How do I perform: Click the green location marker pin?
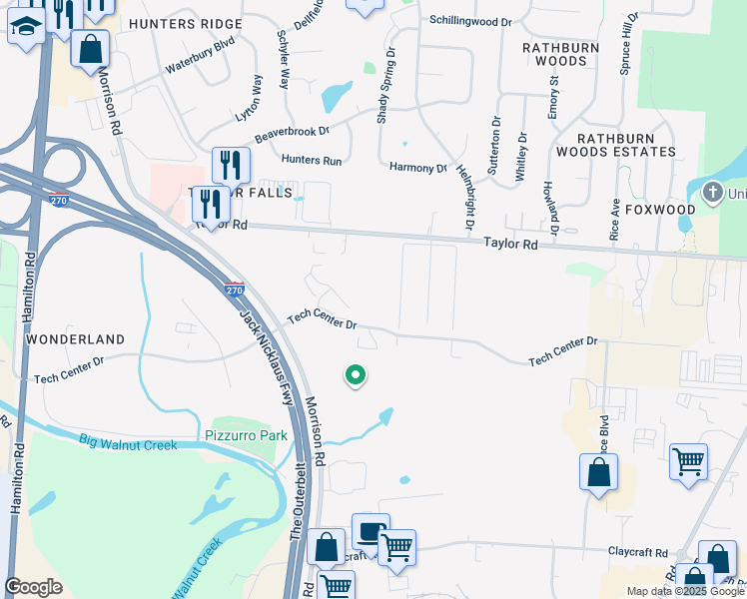click(355, 375)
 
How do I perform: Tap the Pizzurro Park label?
click(246, 435)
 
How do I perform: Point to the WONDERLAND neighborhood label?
click(76, 339)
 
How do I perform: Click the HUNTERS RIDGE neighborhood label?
click(186, 23)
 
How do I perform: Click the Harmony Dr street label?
click(418, 168)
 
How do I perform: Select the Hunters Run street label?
click(312, 160)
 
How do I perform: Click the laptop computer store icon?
click(371, 531)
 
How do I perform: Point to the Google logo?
click(33, 587)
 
